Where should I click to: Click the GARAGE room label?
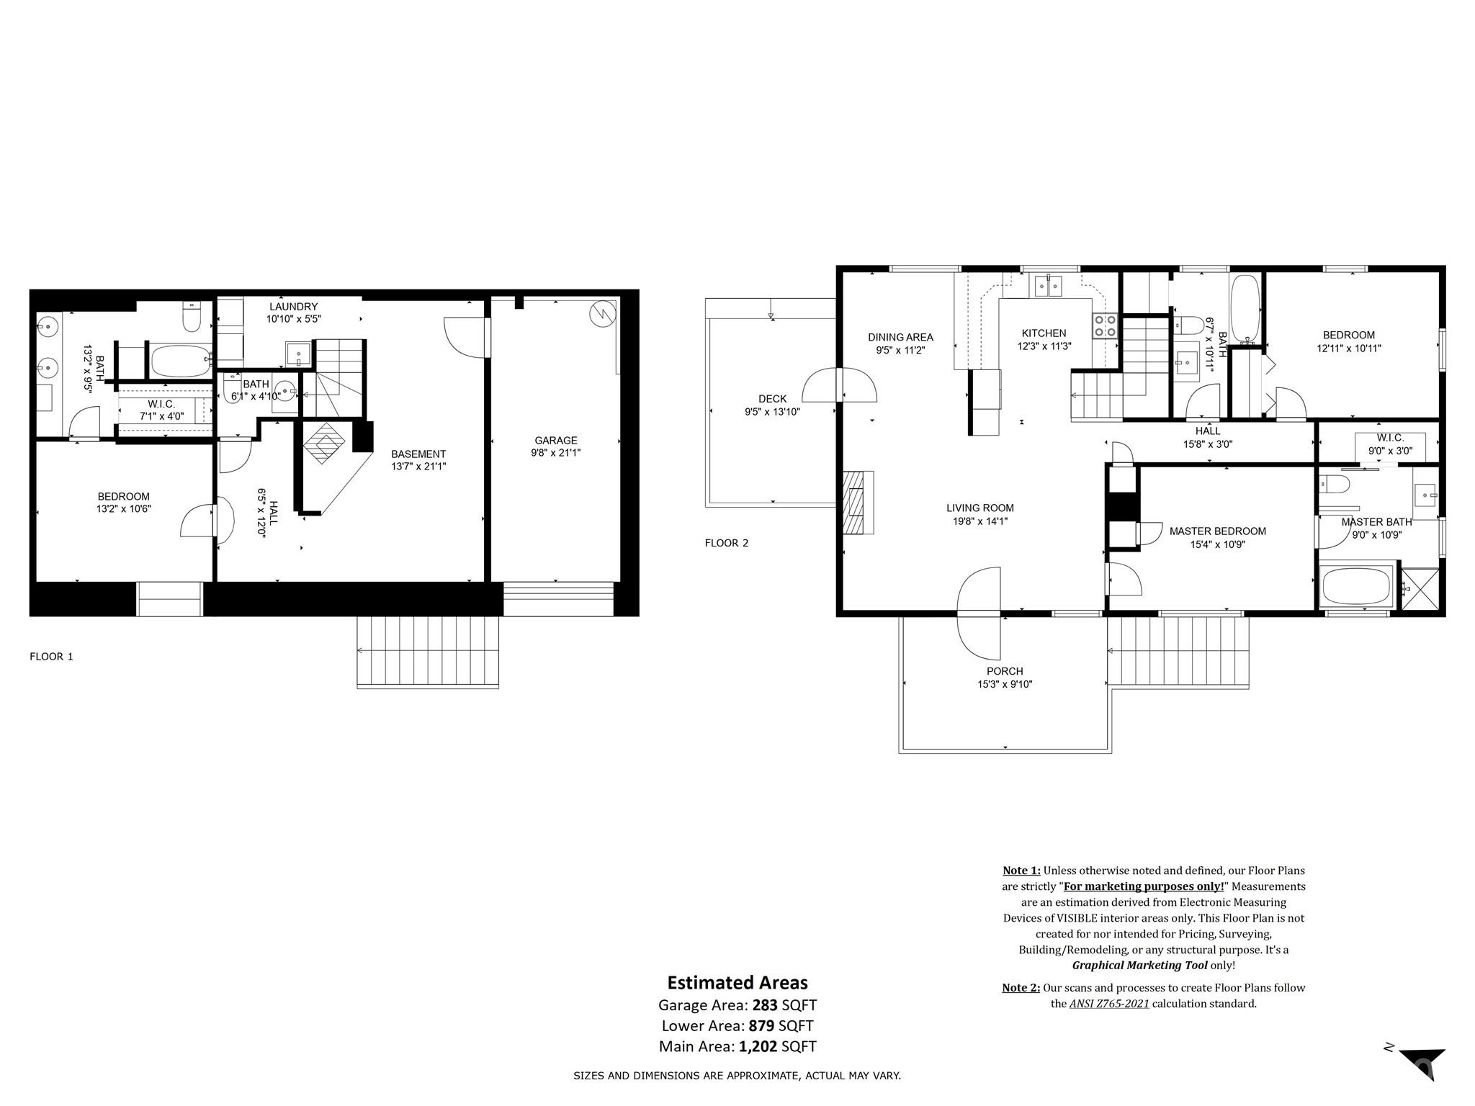coord(555,440)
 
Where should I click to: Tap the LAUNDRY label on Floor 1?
coord(293,307)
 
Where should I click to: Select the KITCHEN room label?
coord(1044,333)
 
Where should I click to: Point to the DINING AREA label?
coord(900,337)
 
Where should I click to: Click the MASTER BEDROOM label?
coord(1217,531)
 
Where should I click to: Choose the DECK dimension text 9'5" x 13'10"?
coord(772,412)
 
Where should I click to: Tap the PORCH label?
coord(1005,671)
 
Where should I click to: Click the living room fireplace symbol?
coord(857,502)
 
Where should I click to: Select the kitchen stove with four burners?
coord(1105,326)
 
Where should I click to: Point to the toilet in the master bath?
coord(1335,484)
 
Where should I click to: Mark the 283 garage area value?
coord(765,1004)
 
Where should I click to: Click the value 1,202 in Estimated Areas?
coord(758,1046)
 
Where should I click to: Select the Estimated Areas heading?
coord(737,983)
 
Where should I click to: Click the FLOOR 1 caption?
coord(51,657)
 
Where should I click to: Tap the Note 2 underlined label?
coord(1021,988)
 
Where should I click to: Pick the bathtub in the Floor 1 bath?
coord(179,359)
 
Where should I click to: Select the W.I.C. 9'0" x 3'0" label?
coord(1389,444)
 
